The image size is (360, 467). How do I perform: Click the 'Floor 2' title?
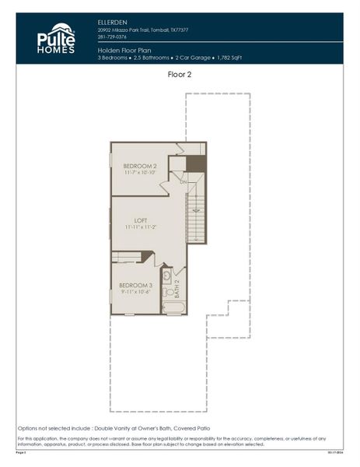tap(180, 75)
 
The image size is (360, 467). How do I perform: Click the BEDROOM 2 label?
tap(140, 166)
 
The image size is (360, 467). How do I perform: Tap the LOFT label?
tap(141, 219)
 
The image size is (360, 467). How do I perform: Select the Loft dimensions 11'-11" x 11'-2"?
tap(141, 226)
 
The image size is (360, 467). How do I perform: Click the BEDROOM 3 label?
tap(135, 285)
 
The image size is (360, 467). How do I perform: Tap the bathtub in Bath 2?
tap(173, 307)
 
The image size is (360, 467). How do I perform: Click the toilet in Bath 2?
tap(166, 291)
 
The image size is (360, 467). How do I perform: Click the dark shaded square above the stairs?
tap(197, 163)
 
